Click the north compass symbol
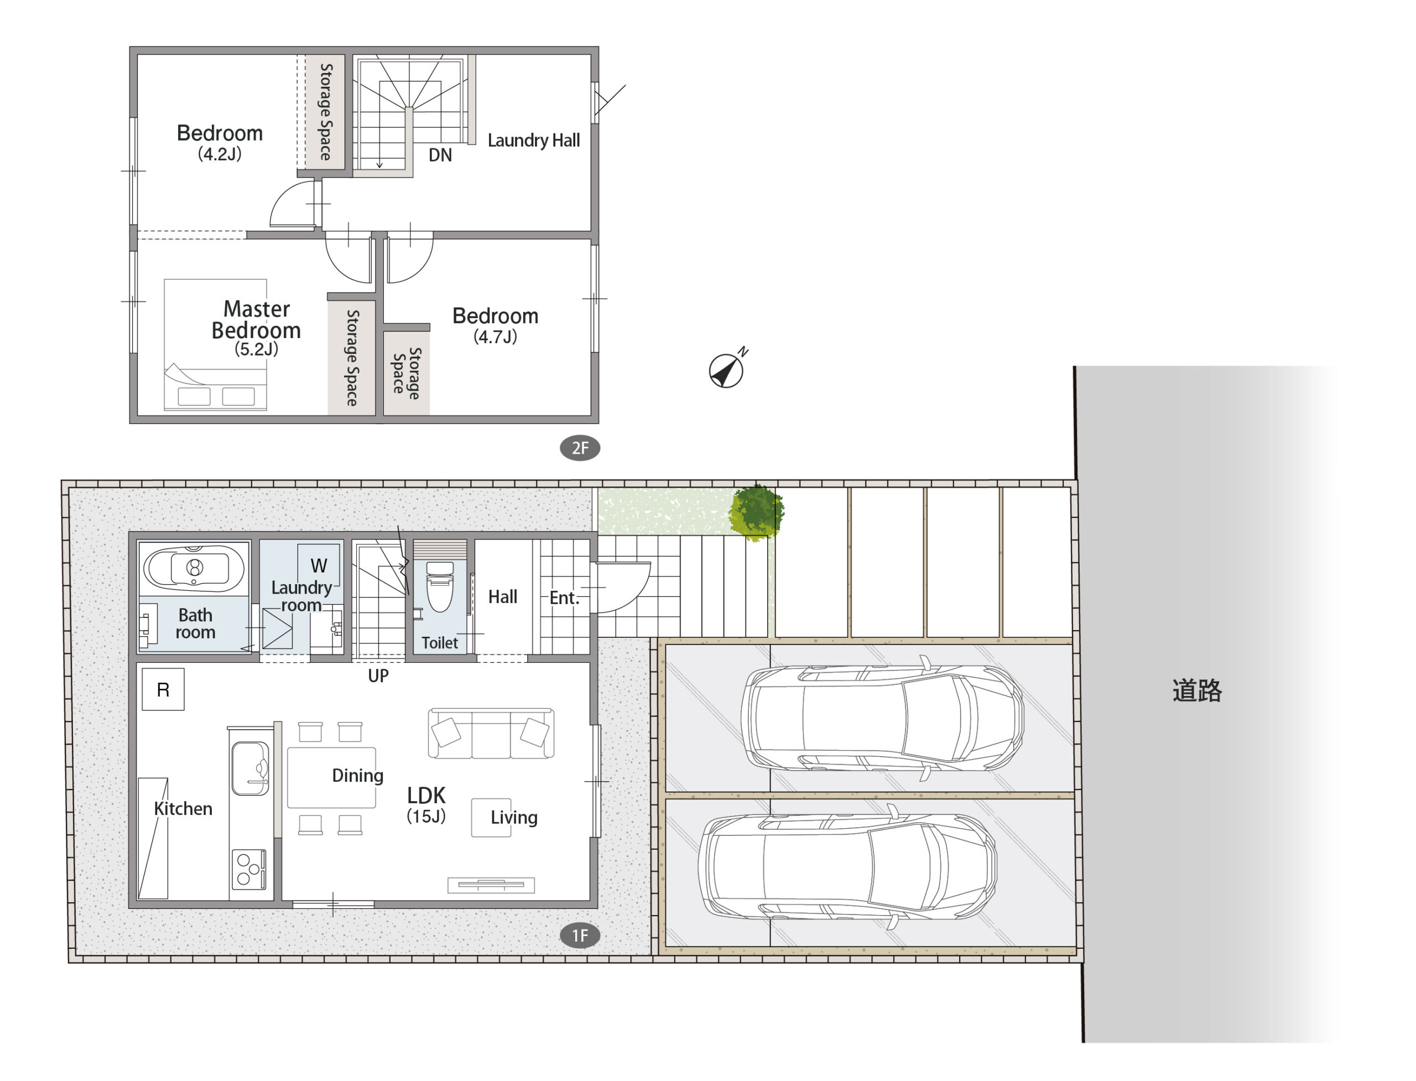(x=726, y=370)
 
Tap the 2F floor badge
(x=580, y=448)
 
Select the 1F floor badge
(x=580, y=935)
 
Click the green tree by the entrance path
(x=756, y=513)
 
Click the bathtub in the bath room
(x=194, y=568)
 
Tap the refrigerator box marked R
(x=163, y=689)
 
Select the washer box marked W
(x=319, y=565)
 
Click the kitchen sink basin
(x=250, y=768)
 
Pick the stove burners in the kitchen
(x=249, y=869)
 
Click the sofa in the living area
(x=491, y=733)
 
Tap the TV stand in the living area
(x=491, y=885)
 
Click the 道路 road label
(x=1196, y=690)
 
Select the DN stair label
(x=440, y=155)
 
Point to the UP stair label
(x=378, y=675)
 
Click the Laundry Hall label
(x=533, y=141)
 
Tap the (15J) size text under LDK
(x=426, y=816)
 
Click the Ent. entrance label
(x=564, y=598)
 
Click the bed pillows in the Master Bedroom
(x=216, y=396)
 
